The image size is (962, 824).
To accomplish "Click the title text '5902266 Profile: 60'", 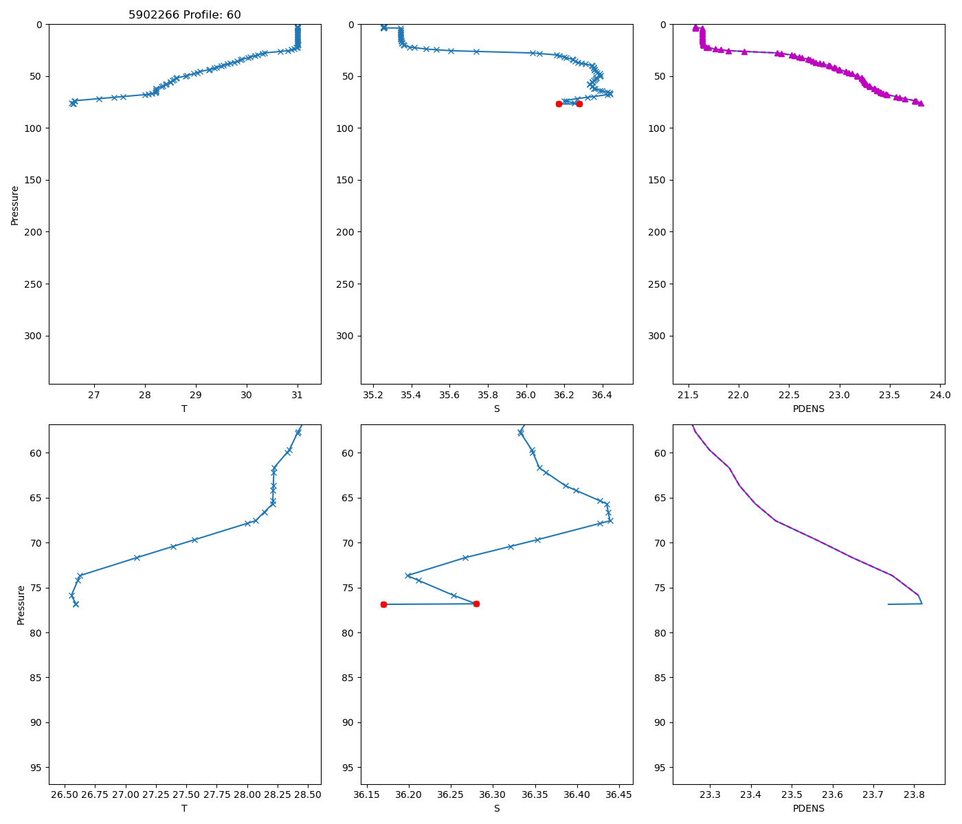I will (x=185, y=15).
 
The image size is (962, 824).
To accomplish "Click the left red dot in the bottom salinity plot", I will (x=383, y=604).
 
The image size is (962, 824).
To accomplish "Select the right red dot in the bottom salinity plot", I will (x=476, y=604).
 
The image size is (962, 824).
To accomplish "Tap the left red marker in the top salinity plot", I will (x=559, y=104).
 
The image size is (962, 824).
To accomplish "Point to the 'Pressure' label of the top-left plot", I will (x=15, y=205).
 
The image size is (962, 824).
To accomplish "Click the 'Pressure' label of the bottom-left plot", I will (x=21, y=605).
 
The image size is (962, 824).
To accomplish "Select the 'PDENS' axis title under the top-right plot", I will (x=808, y=409).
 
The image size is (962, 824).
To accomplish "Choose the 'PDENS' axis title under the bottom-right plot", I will (x=808, y=808).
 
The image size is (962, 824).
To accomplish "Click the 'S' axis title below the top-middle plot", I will (x=496, y=409).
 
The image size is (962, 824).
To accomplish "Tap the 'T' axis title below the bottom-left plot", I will (x=184, y=808).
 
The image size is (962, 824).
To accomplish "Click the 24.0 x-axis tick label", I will (x=940, y=395).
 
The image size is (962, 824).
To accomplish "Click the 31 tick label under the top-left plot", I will (x=298, y=395).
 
